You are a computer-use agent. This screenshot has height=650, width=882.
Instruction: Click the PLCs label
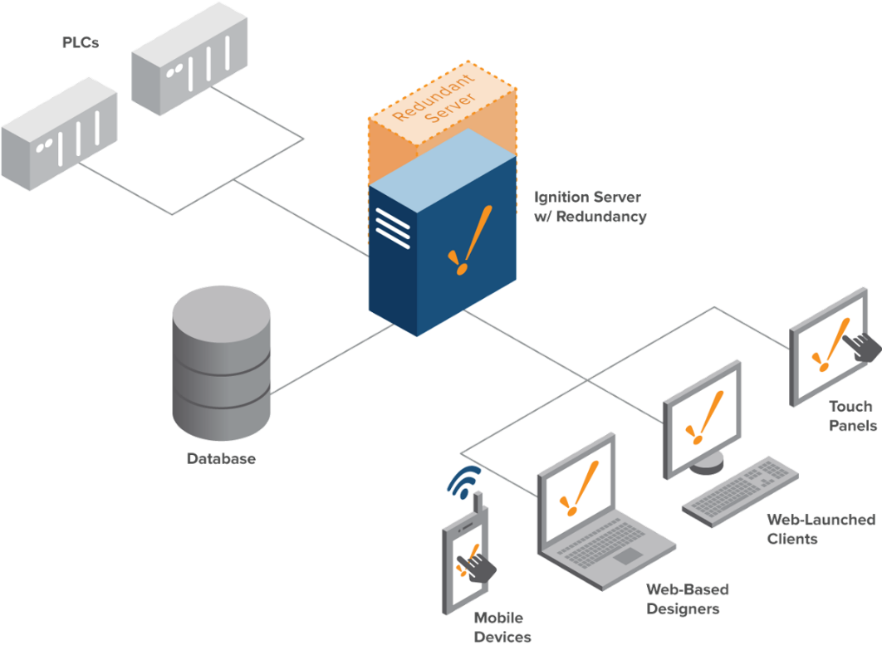pos(81,42)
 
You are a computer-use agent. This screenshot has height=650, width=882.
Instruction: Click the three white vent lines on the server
pos(392,228)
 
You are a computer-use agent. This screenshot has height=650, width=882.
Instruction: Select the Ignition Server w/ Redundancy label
pos(590,207)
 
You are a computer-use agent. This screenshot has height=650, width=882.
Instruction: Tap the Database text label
pos(221,458)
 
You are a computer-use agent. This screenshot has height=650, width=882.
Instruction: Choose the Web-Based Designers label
pos(687,599)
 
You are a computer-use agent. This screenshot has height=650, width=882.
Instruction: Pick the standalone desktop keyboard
pos(740,493)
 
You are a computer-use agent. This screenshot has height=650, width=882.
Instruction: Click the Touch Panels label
pos(850,416)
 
